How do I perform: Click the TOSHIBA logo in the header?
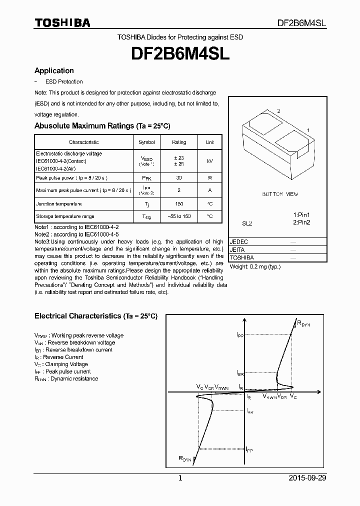[x=62, y=22]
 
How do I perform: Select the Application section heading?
[x=54, y=71]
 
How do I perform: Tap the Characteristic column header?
[x=83, y=142]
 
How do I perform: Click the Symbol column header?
[x=146, y=142]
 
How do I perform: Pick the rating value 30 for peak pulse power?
[x=179, y=177]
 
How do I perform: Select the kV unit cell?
[x=209, y=161]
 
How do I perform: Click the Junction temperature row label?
[x=58, y=204]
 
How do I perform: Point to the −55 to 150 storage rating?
[x=179, y=216]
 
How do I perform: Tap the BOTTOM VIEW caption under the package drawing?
[x=279, y=194]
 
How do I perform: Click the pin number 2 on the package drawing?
[x=278, y=111]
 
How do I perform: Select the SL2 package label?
[x=247, y=224]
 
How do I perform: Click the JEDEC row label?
[x=239, y=241]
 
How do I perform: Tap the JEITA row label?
[x=237, y=249]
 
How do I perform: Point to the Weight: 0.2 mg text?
[x=255, y=266]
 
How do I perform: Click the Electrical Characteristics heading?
[x=95, y=316]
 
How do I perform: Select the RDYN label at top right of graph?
[x=303, y=324]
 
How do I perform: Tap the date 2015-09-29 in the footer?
[x=307, y=478]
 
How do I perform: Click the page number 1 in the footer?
[x=180, y=478]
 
